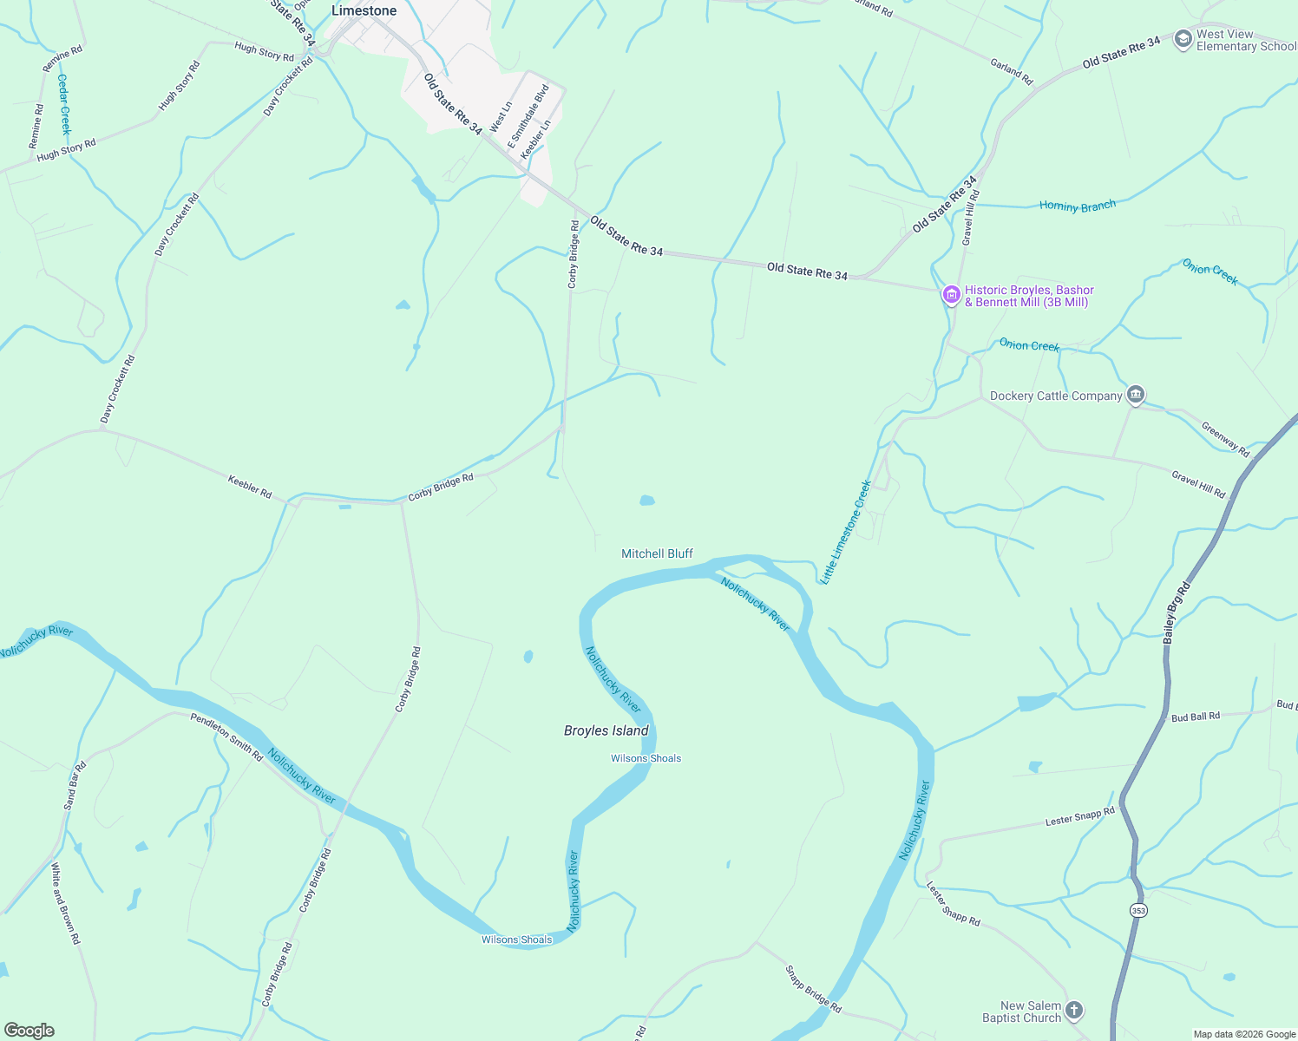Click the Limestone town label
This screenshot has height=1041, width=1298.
pyautogui.click(x=364, y=10)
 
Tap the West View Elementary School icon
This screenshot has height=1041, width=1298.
pyautogui.click(x=1183, y=40)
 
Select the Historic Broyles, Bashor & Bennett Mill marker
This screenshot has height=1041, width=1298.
pyautogui.click(x=951, y=296)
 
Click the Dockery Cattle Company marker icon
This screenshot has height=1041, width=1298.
pyautogui.click(x=1135, y=396)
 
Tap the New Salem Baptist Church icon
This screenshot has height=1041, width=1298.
pyautogui.click(x=1074, y=1011)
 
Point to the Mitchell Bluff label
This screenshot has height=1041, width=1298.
pyautogui.click(x=657, y=553)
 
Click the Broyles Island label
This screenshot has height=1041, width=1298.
pyautogui.click(x=606, y=730)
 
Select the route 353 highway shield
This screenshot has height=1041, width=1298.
pyautogui.click(x=1138, y=910)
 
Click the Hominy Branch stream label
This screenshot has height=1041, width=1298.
pyautogui.click(x=1077, y=206)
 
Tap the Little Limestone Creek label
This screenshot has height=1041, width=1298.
pyautogui.click(x=846, y=532)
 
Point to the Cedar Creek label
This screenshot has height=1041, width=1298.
pyautogui.click(x=63, y=103)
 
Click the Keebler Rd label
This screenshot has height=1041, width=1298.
pyautogui.click(x=249, y=486)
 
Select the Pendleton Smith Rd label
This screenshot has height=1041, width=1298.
pyautogui.click(x=226, y=737)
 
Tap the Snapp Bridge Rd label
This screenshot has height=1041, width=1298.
pyautogui.click(x=813, y=989)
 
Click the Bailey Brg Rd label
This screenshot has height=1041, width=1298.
pyautogui.click(x=1177, y=612)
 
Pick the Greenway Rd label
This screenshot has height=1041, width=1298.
pyautogui.click(x=1225, y=439)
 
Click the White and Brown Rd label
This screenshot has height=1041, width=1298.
pyautogui.click(x=65, y=903)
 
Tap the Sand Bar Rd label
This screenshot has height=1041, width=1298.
pyautogui.click(x=75, y=785)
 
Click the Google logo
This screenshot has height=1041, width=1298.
pyautogui.click(x=29, y=1031)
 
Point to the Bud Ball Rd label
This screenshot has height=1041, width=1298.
pyautogui.click(x=1195, y=717)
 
